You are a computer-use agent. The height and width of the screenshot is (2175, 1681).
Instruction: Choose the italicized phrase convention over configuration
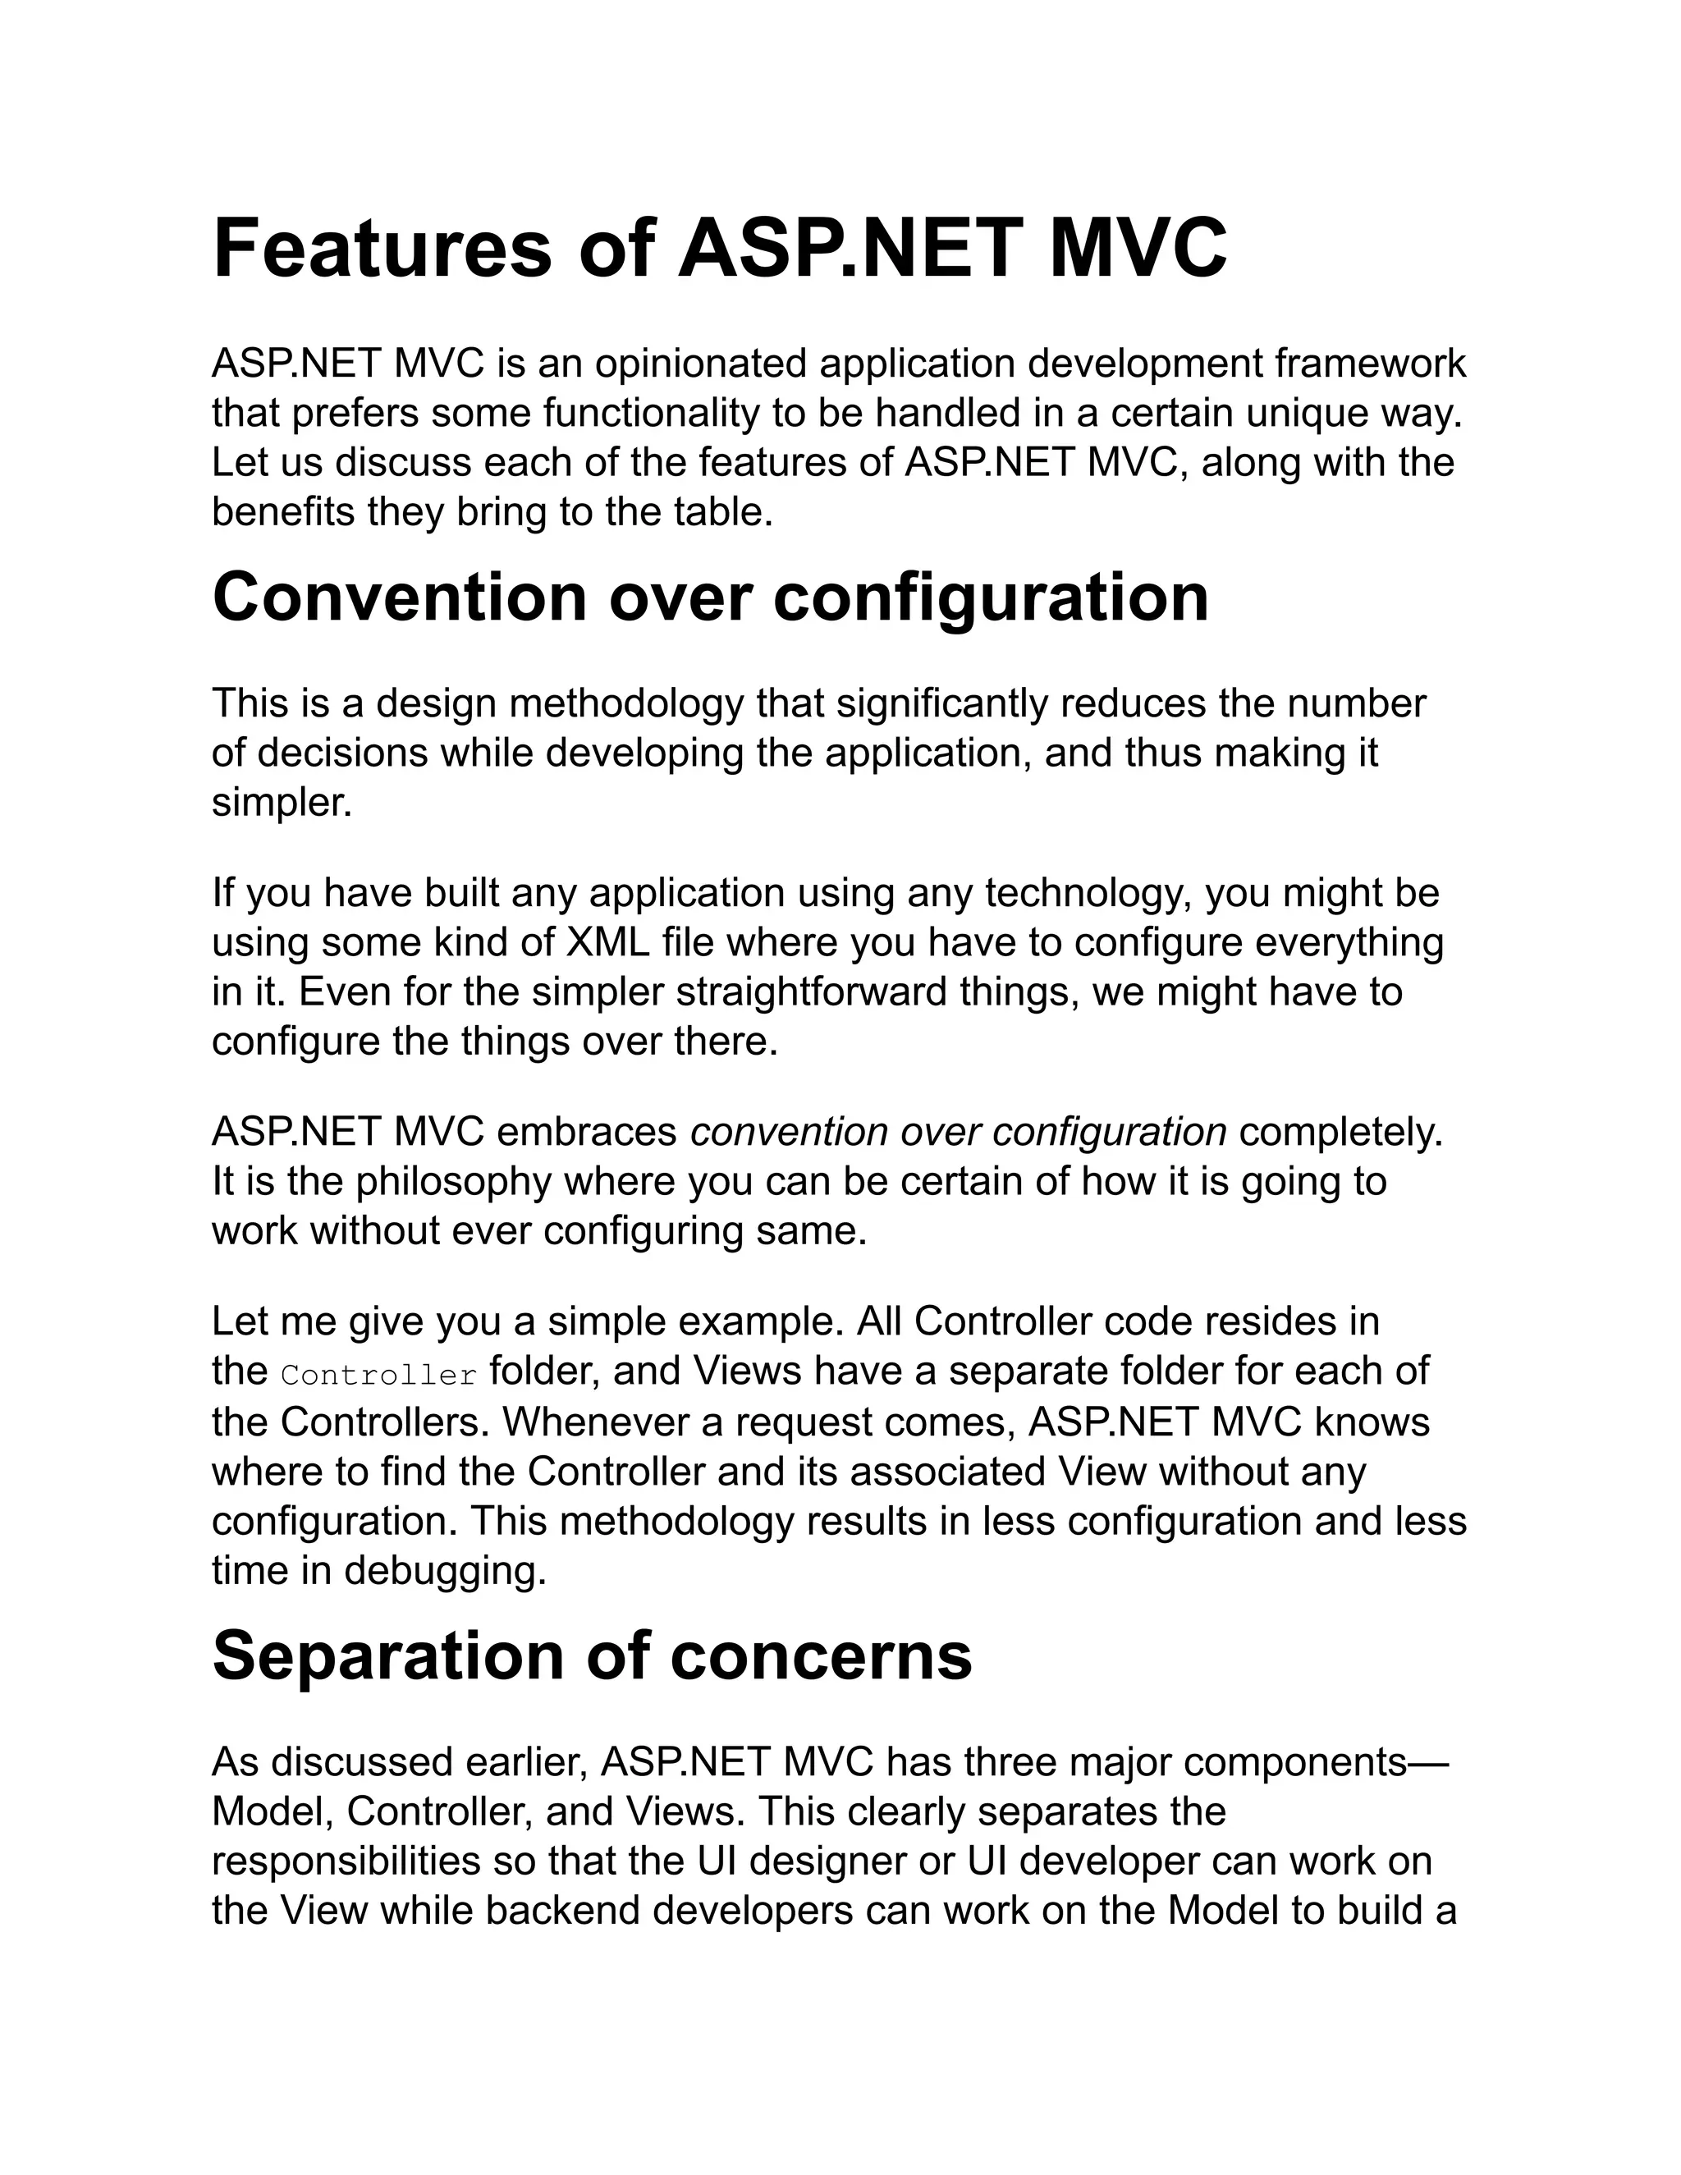click(x=958, y=1133)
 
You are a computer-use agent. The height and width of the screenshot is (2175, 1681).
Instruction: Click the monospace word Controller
click(x=379, y=1376)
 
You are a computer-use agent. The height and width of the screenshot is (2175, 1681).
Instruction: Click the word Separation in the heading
click(x=387, y=1656)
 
